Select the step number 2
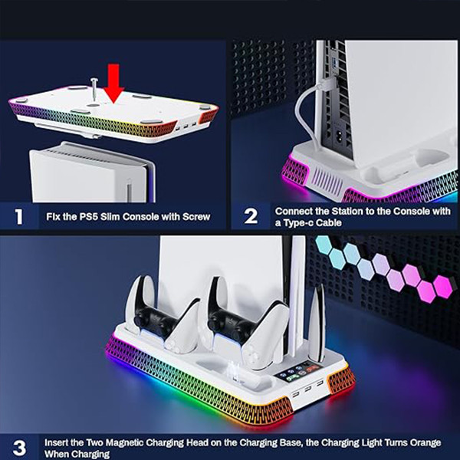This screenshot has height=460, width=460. pyautogui.click(x=251, y=215)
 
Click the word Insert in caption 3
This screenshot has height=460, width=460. pyautogui.click(x=59, y=442)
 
